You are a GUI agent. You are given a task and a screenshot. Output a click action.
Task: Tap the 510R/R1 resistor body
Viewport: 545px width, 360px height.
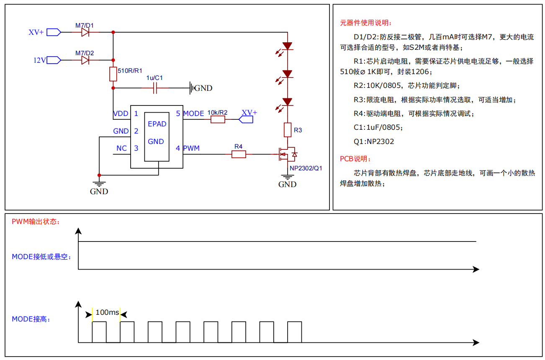coord(113,74)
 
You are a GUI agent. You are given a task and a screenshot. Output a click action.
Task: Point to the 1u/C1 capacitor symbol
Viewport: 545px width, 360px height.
coord(155,88)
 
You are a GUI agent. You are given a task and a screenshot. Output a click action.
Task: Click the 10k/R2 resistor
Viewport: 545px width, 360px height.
coord(218,120)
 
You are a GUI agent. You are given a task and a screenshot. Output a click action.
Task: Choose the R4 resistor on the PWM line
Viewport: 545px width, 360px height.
coord(239,154)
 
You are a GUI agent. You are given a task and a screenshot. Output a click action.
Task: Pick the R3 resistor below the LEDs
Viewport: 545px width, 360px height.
coord(288,130)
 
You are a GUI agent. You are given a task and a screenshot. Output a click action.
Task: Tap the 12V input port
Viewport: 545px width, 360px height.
coord(54,60)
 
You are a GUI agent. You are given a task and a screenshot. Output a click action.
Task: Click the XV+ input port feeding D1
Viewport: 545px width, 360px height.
coord(54,32)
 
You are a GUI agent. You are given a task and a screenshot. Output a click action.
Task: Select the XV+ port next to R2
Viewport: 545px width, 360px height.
coord(246,120)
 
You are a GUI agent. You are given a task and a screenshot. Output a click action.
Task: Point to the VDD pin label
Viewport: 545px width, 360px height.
coord(121,113)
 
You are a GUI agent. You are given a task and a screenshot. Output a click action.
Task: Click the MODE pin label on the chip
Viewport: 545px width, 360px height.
coord(193,113)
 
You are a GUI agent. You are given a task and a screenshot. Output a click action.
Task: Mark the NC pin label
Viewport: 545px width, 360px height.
coord(121,148)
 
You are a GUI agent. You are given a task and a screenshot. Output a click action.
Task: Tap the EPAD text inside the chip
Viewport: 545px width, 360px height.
coord(157,124)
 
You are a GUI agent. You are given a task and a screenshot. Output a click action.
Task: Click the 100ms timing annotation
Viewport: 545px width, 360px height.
coord(107,312)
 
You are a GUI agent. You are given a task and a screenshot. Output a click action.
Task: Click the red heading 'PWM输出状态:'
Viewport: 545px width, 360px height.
coord(36,221)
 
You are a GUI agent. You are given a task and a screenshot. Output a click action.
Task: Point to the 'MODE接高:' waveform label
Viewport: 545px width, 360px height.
coord(31,319)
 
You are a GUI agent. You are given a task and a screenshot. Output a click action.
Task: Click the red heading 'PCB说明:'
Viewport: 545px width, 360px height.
coord(355,159)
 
